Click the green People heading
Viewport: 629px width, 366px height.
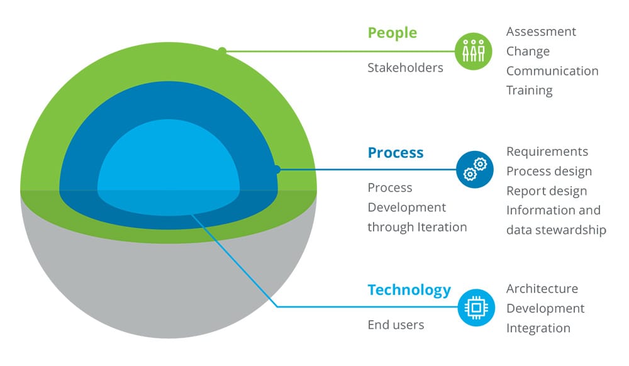point(392,33)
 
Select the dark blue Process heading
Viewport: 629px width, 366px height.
point(396,153)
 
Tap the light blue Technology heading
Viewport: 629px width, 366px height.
point(409,290)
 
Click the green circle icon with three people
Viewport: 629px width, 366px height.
point(474,52)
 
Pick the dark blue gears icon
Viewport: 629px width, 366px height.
point(474,170)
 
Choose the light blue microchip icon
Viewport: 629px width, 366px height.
point(476,308)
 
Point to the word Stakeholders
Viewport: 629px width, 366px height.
point(405,68)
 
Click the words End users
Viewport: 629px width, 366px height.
point(396,324)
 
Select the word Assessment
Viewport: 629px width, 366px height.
point(541,31)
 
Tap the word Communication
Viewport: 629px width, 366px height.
point(552,71)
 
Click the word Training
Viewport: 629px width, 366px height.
point(529,91)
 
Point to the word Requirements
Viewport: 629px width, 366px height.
point(547,152)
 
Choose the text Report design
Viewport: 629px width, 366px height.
point(547,191)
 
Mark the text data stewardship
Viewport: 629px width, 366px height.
point(556,230)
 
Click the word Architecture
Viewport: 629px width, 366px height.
point(542,289)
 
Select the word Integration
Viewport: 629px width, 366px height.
point(538,328)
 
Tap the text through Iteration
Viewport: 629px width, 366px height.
point(417,227)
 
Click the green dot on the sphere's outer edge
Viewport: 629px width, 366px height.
point(222,51)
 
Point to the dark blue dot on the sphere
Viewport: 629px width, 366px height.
point(276,170)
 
